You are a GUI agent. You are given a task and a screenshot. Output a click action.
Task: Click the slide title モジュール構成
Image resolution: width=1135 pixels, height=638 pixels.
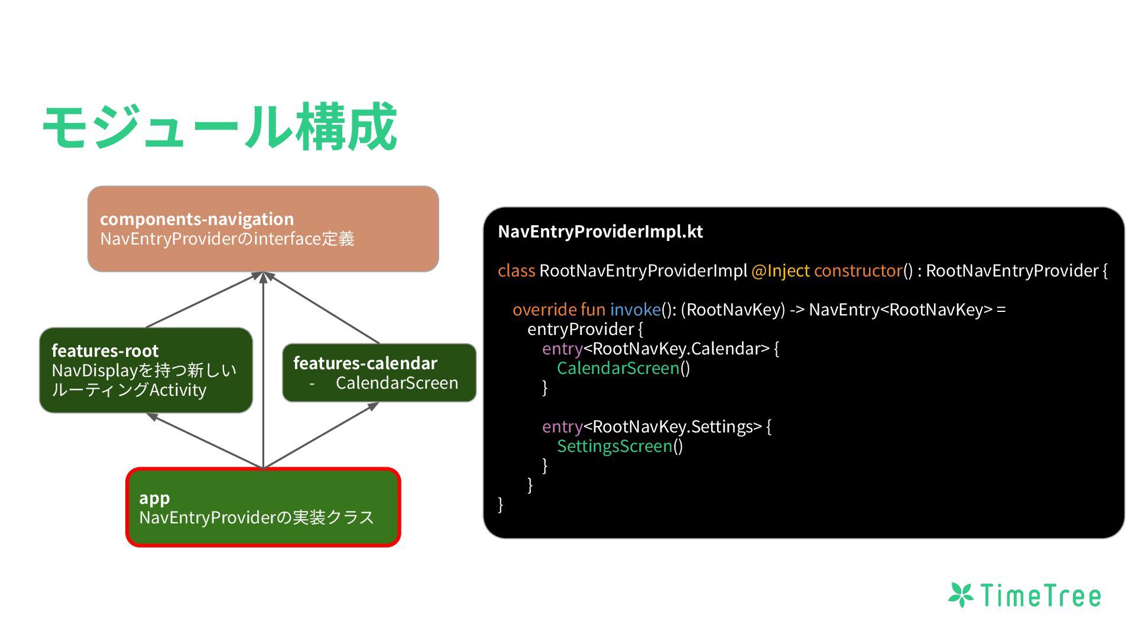[219, 126]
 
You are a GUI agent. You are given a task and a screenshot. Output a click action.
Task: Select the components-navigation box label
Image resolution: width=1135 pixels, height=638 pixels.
[197, 219]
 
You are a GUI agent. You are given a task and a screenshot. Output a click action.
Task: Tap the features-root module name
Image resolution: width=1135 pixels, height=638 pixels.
[105, 351]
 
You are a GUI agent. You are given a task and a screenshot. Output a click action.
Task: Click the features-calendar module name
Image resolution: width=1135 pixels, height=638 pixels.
[365, 363]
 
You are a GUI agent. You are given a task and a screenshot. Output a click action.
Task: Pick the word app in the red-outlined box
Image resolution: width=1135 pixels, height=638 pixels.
[154, 498]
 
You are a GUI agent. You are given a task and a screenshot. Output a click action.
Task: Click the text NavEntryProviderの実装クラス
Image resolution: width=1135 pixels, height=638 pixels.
[257, 517]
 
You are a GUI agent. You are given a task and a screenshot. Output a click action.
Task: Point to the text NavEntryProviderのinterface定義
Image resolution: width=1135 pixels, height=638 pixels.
[227, 239]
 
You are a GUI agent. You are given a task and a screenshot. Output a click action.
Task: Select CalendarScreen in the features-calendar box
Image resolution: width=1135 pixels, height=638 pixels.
[397, 383]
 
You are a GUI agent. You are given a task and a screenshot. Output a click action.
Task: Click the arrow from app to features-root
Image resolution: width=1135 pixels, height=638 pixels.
[204, 440]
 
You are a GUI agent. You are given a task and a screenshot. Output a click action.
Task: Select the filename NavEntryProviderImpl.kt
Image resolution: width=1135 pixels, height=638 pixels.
[600, 232]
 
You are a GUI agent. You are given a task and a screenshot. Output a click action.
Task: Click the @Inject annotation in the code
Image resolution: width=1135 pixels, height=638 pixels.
[780, 271]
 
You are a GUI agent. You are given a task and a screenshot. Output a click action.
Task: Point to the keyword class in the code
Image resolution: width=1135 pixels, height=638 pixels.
[516, 271]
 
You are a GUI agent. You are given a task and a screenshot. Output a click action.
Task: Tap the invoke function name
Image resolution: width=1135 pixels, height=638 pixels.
[635, 310]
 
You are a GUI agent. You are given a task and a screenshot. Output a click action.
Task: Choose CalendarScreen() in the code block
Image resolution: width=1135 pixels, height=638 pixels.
[623, 368]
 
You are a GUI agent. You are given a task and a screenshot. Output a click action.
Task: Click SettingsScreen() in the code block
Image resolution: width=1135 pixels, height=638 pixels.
[620, 446]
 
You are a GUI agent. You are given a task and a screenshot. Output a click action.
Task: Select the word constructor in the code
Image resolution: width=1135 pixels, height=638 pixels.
[858, 271]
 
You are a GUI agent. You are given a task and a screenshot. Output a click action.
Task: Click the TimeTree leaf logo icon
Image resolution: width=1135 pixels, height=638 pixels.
[961, 595]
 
